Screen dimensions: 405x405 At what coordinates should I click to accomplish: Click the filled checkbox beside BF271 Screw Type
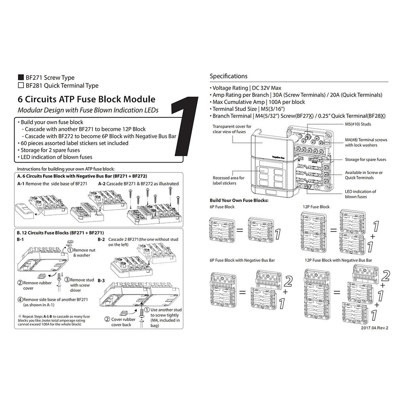(21, 77)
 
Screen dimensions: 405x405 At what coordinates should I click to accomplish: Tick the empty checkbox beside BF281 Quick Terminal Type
(21, 85)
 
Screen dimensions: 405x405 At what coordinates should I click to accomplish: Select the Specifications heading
(228, 76)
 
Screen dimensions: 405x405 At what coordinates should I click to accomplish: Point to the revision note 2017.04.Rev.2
(375, 328)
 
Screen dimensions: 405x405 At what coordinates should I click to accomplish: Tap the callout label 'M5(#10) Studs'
(358, 124)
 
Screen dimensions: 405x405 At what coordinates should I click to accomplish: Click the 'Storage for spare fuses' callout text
(365, 160)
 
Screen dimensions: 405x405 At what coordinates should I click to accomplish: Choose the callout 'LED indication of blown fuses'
(361, 194)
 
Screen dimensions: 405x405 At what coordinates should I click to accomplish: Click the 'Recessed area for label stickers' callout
(228, 180)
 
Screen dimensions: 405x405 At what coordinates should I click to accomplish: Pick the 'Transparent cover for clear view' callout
(232, 129)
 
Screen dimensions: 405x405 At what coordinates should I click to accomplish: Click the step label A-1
(21, 184)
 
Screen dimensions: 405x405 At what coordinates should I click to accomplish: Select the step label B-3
(101, 280)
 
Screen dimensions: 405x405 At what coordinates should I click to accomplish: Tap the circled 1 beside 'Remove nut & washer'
(70, 250)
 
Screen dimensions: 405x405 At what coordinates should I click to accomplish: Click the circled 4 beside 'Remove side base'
(20, 300)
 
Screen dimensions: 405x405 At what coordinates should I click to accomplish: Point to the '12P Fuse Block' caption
(316, 206)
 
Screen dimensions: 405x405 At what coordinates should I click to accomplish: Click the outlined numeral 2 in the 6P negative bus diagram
(288, 282)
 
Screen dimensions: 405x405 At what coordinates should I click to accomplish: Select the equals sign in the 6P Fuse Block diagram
(240, 230)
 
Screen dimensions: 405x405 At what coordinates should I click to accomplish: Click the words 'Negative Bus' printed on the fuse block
(278, 157)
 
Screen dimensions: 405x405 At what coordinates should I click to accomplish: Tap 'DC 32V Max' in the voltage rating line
(267, 88)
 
